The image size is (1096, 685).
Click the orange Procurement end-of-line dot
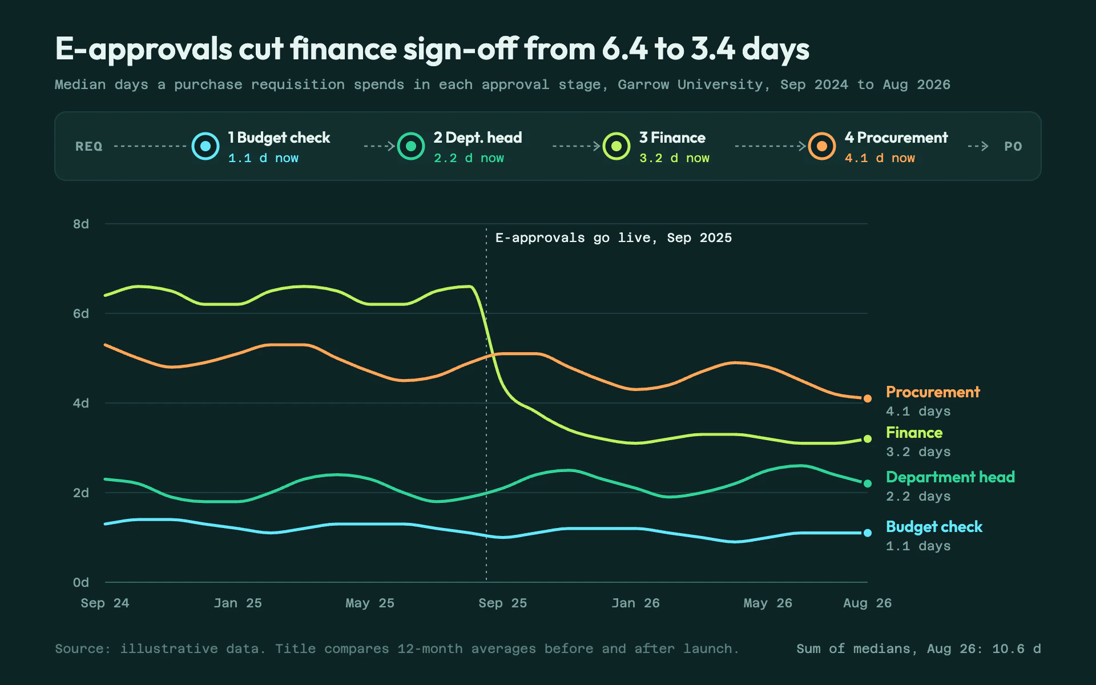(x=867, y=398)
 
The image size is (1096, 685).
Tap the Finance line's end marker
(x=867, y=439)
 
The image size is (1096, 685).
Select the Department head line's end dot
(x=867, y=483)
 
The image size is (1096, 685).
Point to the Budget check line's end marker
(x=867, y=533)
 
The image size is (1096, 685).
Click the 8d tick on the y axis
(x=81, y=224)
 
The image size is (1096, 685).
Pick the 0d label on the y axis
(x=81, y=582)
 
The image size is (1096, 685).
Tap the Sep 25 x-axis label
(x=502, y=603)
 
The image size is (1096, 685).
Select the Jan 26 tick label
(x=635, y=603)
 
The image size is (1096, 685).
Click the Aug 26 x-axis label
(x=867, y=603)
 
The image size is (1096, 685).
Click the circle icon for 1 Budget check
(x=205, y=146)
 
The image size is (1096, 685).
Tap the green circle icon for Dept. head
(x=411, y=146)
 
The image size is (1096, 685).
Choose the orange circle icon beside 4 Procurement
(x=822, y=146)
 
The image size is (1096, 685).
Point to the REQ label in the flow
(x=89, y=146)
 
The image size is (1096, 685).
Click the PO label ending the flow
(x=1013, y=146)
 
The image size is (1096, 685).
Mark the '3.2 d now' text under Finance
(x=674, y=158)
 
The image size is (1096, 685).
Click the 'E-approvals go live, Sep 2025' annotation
(x=614, y=238)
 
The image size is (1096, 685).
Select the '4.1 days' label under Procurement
(x=918, y=411)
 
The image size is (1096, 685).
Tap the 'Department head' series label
(x=950, y=477)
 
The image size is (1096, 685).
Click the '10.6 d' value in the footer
(x=1017, y=648)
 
